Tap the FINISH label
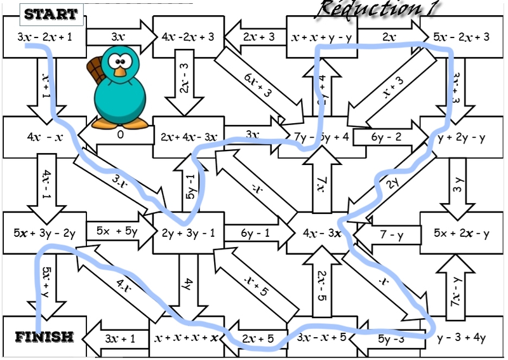pyautogui.click(x=44, y=337)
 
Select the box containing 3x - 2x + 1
pyautogui.click(x=44, y=37)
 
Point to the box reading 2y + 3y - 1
pyautogui.click(x=189, y=233)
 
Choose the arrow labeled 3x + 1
pyautogui.click(x=117, y=338)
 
